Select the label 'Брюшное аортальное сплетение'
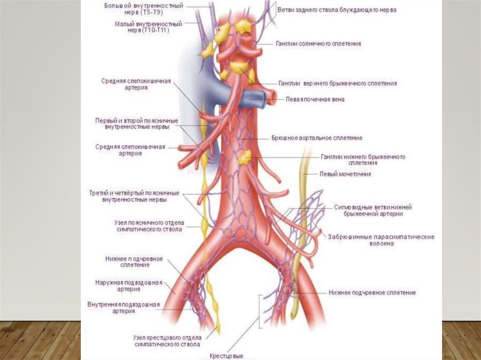click(x=317, y=138)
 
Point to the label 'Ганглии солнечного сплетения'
click(x=319, y=43)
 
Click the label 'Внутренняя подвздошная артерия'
click(x=124, y=307)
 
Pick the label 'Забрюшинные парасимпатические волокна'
click(x=381, y=240)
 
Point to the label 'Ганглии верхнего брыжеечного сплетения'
click(x=338, y=83)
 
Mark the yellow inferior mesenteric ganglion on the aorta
click(x=244, y=158)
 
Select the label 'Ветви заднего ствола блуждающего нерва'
click(x=336, y=9)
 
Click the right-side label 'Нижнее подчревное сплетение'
click(x=372, y=292)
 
